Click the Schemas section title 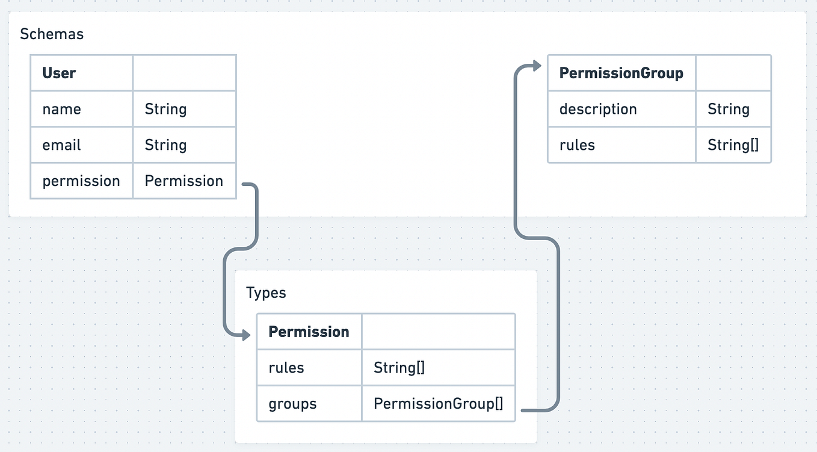pyautogui.click(x=52, y=34)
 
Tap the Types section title pyautogui.click(x=266, y=293)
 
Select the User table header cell pyautogui.click(x=59, y=73)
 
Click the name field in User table pyautogui.click(x=61, y=110)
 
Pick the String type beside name pyautogui.click(x=165, y=110)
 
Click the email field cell pyautogui.click(x=61, y=145)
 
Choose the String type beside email pyautogui.click(x=165, y=145)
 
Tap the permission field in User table pyautogui.click(x=81, y=181)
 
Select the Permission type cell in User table pyautogui.click(x=183, y=181)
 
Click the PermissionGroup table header pyautogui.click(x=621, y=73)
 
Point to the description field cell pyautogui.click(x=598, y=110)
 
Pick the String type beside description pyautogui.click(x=728, y=110)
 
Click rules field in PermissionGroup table pyautogui.click(x=577, y=145)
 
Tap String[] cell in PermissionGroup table pyautogui.click(x=733, y=145)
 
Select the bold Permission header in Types pyautogui.click(x=309, y=332)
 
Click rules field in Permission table pyautogui.click(x=286, y=368)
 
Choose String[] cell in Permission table pyautogui.click(x=399, y=368)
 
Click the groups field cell pyautogui.click(x=292, y=404)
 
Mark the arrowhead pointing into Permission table pyautogui.click(x=246, y=335)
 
